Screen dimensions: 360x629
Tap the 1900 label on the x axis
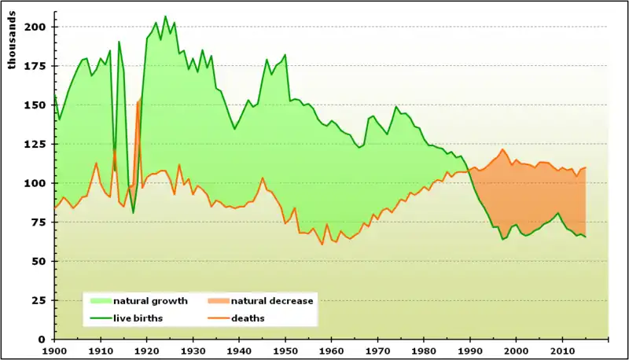[54, 351]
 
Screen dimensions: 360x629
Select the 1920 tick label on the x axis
[146, 351]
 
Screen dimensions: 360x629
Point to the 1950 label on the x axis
[285, 351]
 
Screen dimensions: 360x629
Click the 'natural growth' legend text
[150, 301]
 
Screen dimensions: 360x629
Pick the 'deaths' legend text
[248, 318]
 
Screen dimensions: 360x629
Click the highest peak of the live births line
[165, 17]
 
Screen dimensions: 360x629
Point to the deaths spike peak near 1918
[138, 101]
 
